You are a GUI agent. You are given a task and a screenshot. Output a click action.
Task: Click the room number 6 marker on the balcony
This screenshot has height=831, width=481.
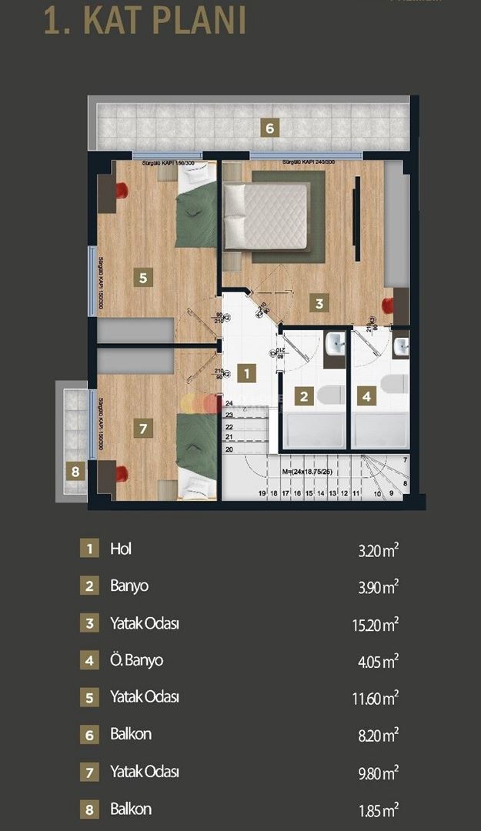click(x=269, y=128)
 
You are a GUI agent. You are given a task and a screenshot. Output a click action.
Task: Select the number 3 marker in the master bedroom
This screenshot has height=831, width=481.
click(x=319, y=302)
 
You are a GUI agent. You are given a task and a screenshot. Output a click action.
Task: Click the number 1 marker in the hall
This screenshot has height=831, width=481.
click(x=246, y=374)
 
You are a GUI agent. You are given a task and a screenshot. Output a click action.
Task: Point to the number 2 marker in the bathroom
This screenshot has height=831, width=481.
click(x=305, y=397)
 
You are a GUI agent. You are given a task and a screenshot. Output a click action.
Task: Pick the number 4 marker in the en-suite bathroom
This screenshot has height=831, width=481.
click(x=367, y=397)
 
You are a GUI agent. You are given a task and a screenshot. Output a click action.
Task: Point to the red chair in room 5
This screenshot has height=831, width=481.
click(x=123, y=189)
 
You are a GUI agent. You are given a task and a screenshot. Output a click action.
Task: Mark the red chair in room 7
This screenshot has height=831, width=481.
click(x=122, y=472)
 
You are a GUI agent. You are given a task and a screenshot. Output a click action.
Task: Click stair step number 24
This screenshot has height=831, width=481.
click(x=229, y=403)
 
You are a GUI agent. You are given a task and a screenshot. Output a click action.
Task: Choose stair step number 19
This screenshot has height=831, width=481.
click(x=262, y=493)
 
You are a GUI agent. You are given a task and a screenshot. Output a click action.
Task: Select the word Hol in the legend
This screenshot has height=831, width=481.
click(x=121, y=549)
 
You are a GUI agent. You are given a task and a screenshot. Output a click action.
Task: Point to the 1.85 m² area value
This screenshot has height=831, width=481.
click(x=378, y=809)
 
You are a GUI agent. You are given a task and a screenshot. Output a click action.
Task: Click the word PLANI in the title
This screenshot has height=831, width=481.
click(x=192, y=21)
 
